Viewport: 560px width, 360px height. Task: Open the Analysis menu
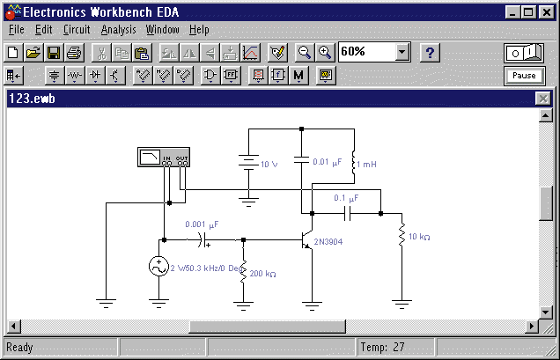(119, 30)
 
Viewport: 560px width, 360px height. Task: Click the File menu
(16, 29)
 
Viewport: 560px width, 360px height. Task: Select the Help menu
(199, 30)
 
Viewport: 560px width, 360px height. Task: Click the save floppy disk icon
(54, 53)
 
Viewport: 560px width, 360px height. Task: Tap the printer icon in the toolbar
(74, 53)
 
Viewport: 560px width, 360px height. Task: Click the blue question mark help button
(430, 53)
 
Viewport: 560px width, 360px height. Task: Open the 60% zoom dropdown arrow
(402, 53)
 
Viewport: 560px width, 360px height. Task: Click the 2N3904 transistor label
(328, 242)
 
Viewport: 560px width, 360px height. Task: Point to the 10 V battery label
(269, 165)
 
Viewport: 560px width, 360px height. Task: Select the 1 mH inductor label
(366, 165)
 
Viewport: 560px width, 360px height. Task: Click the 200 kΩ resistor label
(262, 274)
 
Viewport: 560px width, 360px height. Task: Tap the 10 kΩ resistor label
(419, 237)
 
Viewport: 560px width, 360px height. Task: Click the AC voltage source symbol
(158, 267)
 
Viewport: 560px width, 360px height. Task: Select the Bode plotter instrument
(164, 158)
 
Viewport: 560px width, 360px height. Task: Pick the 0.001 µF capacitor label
(202, 224)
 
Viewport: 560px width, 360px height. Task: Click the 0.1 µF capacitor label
(346, 198)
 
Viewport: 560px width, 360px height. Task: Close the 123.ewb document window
(543, 99)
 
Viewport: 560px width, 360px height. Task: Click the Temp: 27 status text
(382, 347)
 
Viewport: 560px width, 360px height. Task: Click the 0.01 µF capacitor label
(328, 162)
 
